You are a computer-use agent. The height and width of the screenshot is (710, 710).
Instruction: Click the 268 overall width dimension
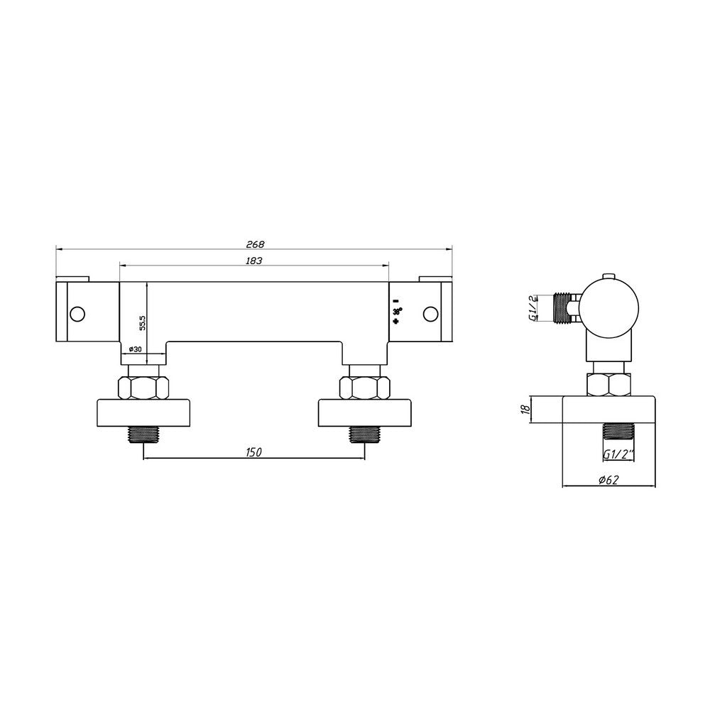coord(253,244)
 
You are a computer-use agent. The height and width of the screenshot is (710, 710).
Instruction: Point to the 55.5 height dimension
coord(143,322)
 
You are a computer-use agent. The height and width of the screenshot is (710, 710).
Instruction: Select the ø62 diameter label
coord(609,480)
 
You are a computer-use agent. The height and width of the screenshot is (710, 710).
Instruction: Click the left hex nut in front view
coord(144,388)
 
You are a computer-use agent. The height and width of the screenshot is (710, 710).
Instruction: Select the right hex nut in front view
coord(364,388)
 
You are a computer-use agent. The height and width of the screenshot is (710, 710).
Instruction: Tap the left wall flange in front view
coord(144,413)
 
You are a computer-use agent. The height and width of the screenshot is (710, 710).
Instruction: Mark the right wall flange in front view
coord(364,413)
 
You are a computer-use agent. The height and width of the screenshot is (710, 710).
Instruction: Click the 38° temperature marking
coord(396,312)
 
